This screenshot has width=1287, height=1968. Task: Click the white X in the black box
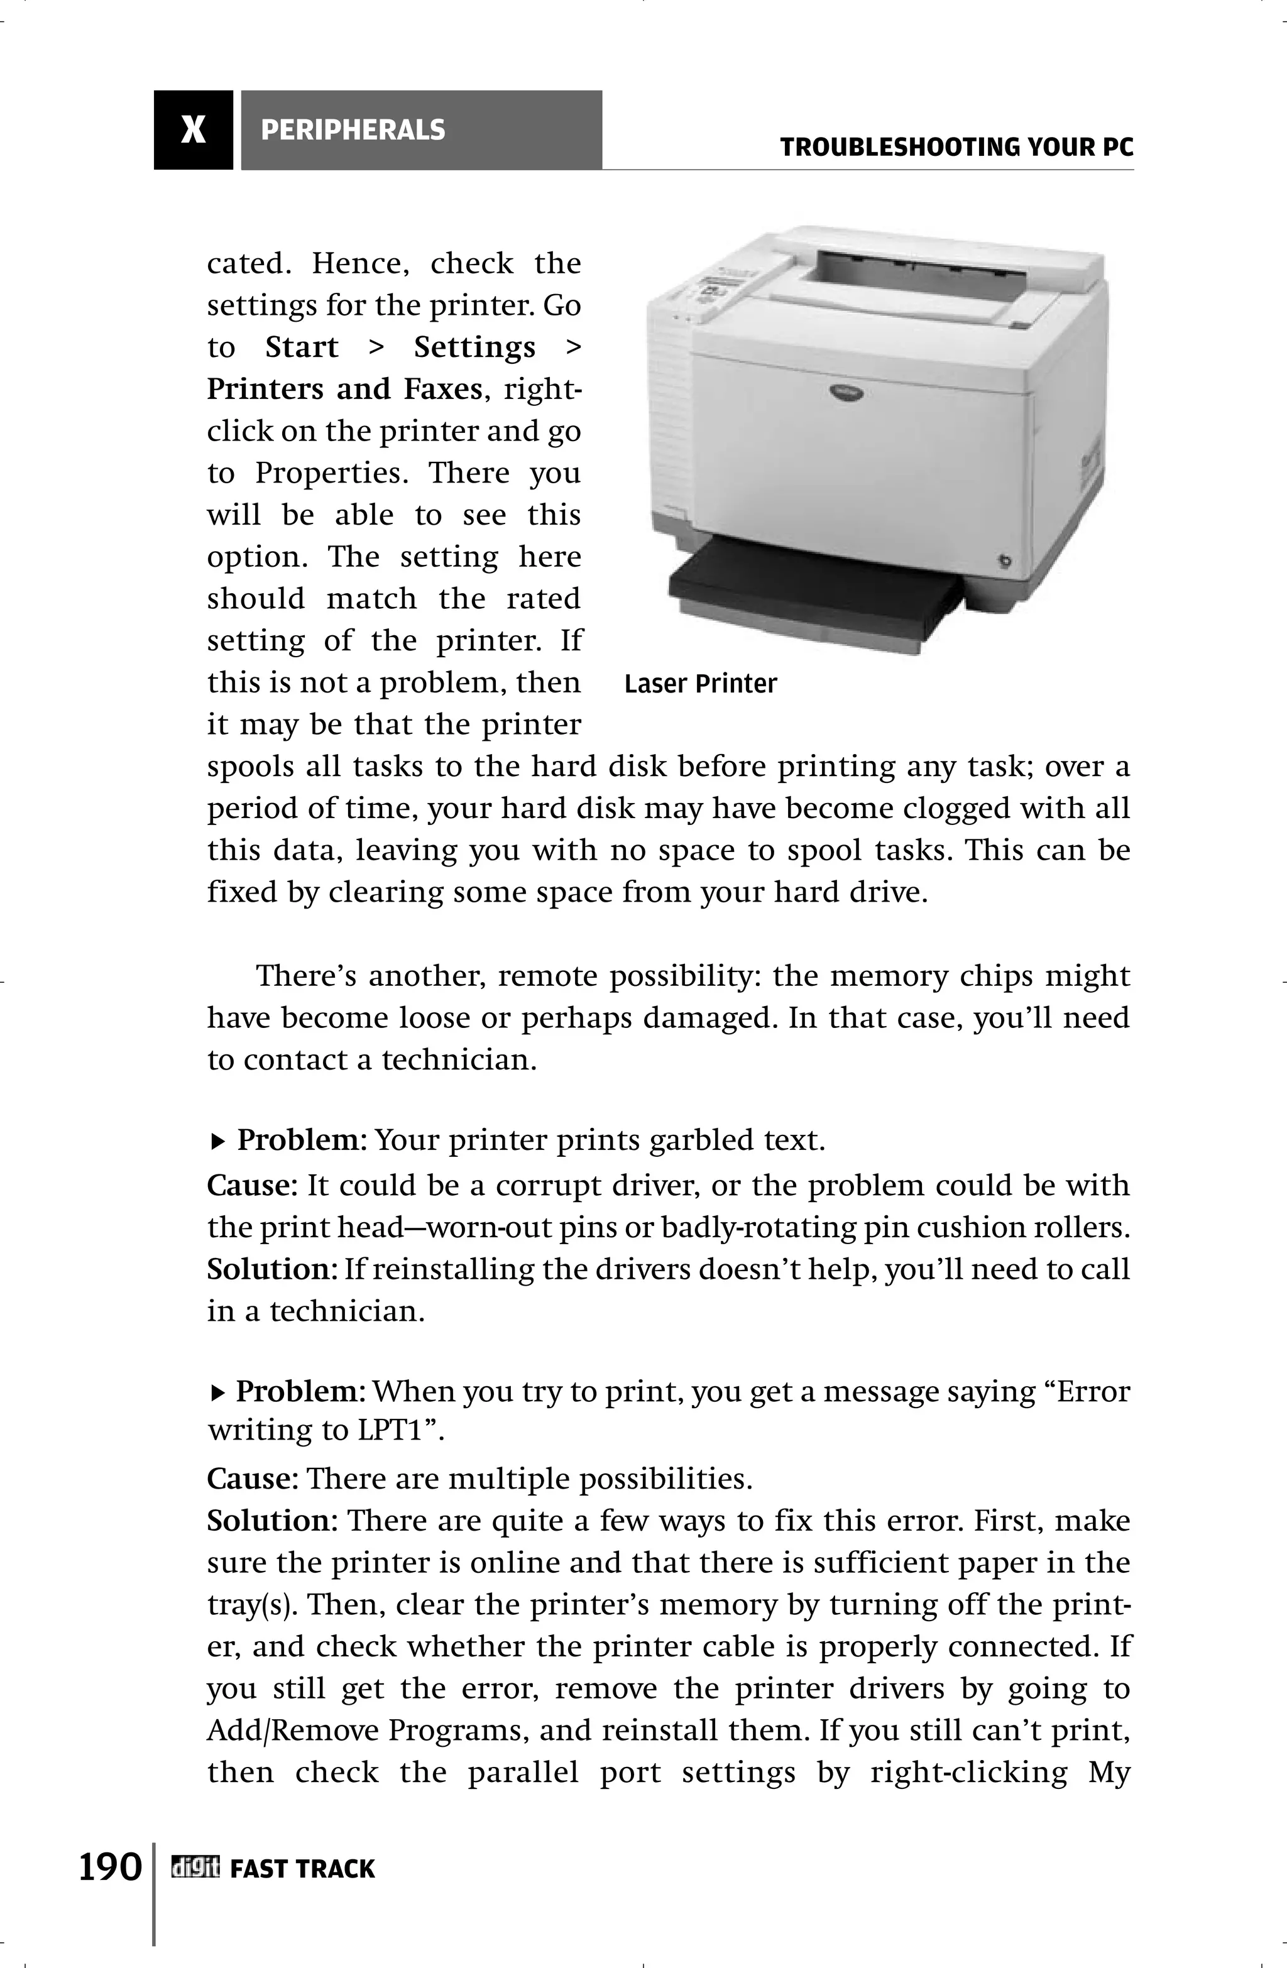(x=193, y=130)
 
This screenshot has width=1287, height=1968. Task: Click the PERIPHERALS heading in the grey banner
(x=353, y=130)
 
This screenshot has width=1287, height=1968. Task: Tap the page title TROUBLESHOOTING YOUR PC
(x=956, y=148)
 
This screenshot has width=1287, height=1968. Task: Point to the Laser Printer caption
(x=701, y=684)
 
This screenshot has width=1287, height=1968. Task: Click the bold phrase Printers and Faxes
(x=344, y=389)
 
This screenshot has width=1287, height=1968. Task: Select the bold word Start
(x=302, y=347)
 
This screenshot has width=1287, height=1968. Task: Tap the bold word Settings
(x=474, y=347)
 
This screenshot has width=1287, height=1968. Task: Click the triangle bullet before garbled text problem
(x=217, y=1142)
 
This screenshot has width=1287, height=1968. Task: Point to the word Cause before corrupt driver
(x=251, y=1186)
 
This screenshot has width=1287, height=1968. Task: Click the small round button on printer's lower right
(x=1004, y=562)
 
